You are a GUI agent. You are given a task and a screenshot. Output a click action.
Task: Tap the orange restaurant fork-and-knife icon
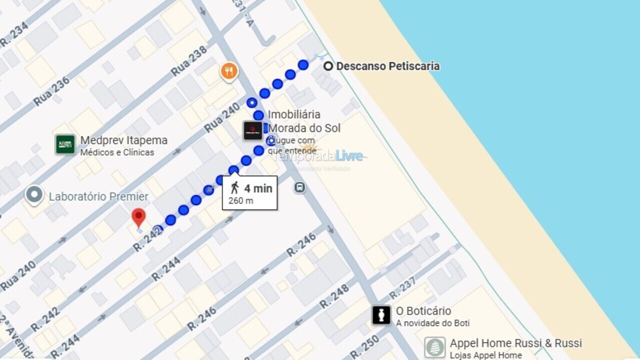click(x=229, y=71)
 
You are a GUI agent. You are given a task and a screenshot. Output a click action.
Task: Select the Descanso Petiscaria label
click(x=387, y=66)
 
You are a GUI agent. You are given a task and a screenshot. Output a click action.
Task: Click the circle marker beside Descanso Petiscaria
click(x=328, y=66)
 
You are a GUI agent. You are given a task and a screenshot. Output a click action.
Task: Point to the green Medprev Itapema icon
click(x=65, y=144)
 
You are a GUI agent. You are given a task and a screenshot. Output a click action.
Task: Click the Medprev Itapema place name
click(x=123, y=140)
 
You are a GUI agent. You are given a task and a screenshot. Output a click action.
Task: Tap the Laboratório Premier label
click(x=98, y=196)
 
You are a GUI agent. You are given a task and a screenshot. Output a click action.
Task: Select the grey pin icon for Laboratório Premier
click(x=34, y=195)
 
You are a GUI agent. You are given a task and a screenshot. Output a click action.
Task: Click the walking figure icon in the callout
click(x=234, y=188)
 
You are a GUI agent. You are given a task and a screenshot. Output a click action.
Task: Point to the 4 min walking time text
click(x=258, y=188)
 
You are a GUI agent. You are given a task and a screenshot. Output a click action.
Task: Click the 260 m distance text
click(x=241, y=201)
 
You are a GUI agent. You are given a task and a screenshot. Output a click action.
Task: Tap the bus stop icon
click(x=299, y=187)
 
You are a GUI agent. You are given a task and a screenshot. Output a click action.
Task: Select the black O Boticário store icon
click(x=381, y=315)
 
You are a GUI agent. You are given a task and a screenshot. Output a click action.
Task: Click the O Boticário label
click(x=423, y=311)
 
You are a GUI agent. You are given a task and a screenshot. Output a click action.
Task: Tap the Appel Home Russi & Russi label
click(x=515, y=343)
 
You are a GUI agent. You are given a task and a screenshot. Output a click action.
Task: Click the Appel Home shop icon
click(x=434, y=347)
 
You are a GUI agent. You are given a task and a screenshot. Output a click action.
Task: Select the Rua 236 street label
click(x=51, y=91)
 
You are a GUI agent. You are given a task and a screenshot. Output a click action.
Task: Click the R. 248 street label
click(x=334, y=296)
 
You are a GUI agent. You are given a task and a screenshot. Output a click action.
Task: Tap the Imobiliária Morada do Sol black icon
click(x=252, y=130)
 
